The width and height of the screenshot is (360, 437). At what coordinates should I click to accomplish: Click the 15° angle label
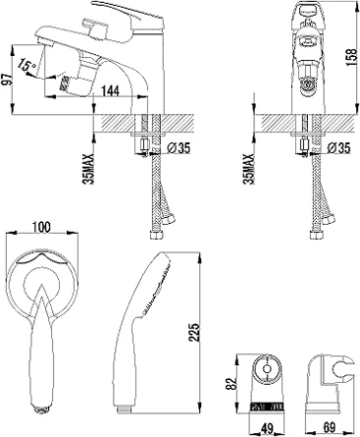[x=26, y=64]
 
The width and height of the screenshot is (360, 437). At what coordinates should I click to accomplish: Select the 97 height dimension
[x=7, y=80]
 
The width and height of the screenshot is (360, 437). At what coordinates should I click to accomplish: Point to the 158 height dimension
[x=351, y=58]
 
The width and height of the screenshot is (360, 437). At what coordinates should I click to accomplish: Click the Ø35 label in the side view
[x=179, y=148]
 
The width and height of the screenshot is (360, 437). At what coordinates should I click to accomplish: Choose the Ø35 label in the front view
[x=338, y=148]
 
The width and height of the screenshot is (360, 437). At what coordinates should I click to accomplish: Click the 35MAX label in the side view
[x=88, y=169]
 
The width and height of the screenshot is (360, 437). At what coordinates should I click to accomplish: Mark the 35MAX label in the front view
[x=249, y=169]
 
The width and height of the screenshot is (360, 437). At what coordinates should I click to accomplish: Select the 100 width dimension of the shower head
[x=42, y=227]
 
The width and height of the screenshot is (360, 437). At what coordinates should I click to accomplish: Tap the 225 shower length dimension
[x=194, y=333]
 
